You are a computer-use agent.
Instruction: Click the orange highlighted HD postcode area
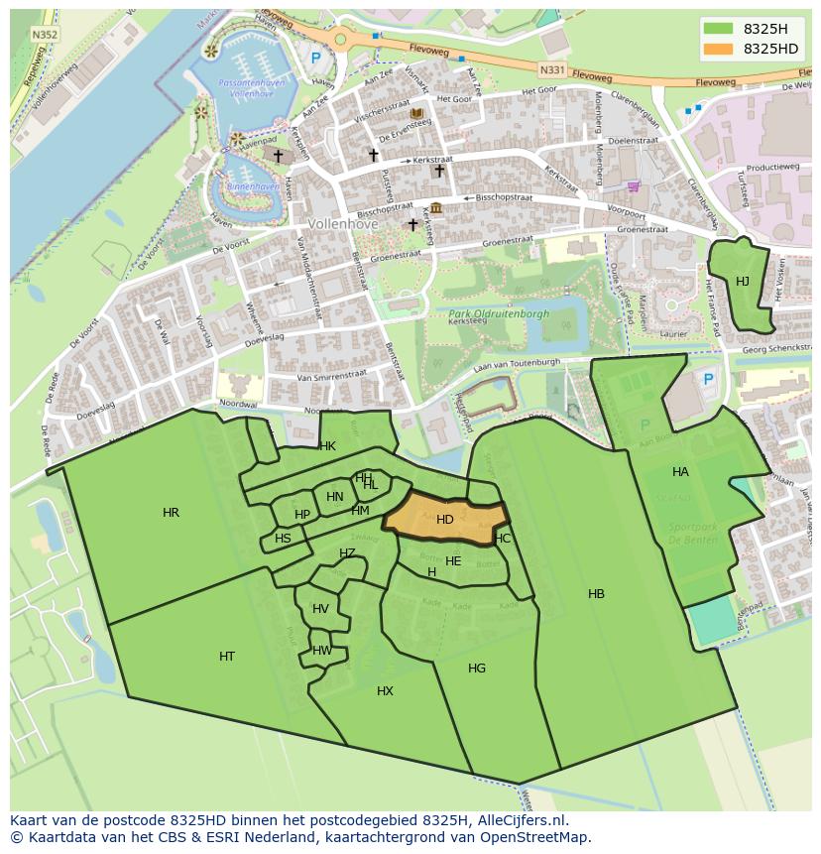point(445,520)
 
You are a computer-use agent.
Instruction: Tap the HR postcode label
point(171,513)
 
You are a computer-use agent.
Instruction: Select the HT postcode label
point(227,657)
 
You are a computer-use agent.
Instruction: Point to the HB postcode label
point(596,594)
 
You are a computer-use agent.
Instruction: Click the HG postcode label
point(477,669)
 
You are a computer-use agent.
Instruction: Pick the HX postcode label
point(385,691)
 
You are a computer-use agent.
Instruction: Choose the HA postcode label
point(680,472)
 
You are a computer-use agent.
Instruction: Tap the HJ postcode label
point(743,282)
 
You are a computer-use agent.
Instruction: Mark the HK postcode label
point(327,446)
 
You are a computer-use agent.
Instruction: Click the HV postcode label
point(320,609)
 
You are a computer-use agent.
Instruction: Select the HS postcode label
point(284,539)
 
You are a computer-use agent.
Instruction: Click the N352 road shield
point(43,34)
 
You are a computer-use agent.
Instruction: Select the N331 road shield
point(551,69)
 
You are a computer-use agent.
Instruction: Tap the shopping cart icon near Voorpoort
point(633,186)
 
